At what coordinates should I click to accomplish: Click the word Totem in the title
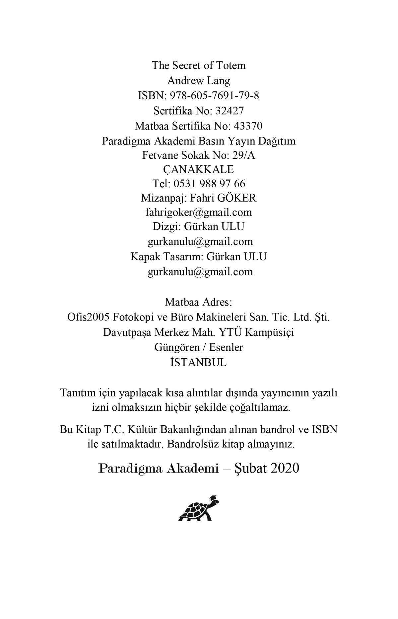(231, 65)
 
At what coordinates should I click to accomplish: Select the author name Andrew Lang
(199, 81)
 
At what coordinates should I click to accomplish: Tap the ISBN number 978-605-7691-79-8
(215, 96)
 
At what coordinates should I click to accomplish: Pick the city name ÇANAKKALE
(199, 169)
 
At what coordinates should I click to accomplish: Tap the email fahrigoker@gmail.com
(199, 212)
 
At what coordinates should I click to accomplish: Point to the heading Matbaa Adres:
(199, 303)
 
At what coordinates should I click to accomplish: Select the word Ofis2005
(88, 317)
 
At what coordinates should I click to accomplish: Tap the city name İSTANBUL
(199, 362)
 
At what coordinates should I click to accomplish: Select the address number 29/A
(245, 155)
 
